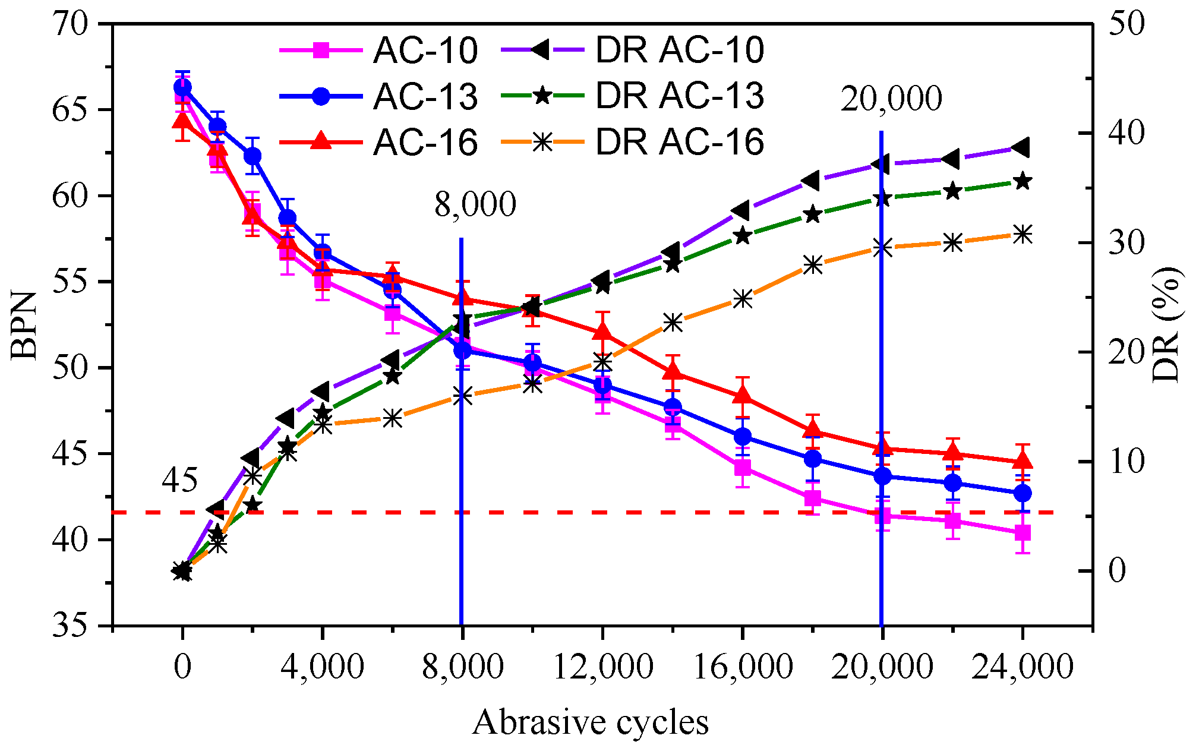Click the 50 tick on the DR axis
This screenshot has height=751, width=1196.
pyautogui.click(x=1125, y=25)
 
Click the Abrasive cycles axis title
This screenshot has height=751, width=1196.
pyautogui.click(x=591, y=722)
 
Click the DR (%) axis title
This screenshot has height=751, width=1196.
pyautogui.click(x=1165, y=325)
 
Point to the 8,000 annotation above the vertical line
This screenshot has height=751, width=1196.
pyautogui.click(x=475, y=204)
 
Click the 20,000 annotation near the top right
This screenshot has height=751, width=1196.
pyautogui.click(x=891, y=99)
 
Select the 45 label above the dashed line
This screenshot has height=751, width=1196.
pyautogui.click(x=179, y=479)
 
